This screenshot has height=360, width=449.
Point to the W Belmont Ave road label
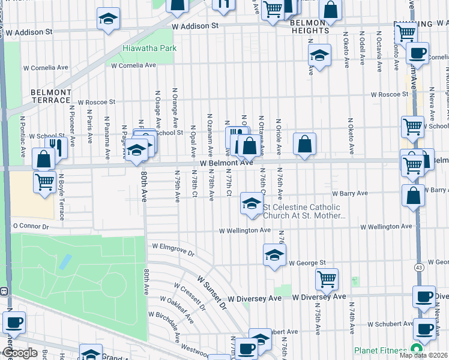tap(226, 163)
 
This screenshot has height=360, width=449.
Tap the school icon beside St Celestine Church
tap(251, 203)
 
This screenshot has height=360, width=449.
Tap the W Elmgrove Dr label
tap(173, 248)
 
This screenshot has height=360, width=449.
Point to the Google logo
tap(19, 353)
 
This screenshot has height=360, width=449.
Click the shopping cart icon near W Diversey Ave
tap(327, 278)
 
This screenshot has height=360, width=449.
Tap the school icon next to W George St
tap(274, 254)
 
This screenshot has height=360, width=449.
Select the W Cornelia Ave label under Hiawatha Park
tap(133, 65)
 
